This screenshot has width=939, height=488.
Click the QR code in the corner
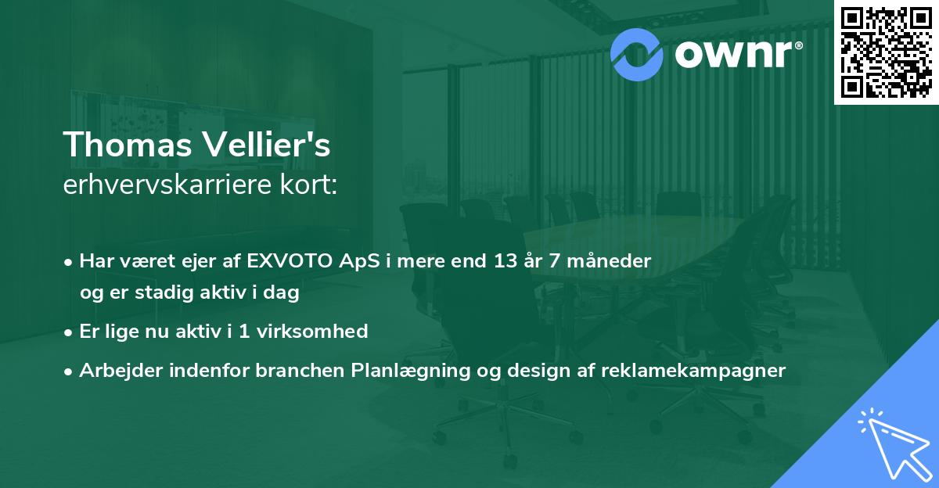tap(886, 52)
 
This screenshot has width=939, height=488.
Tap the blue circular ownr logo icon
tap(636, 55)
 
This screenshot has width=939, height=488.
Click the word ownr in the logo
tap(733, 54)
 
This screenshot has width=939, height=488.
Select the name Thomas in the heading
tap(128, 145)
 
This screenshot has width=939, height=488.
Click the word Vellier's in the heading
tap(267, 144)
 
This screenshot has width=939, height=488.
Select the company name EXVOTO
tap(290, 261)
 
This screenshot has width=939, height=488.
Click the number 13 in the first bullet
tap(505, 261)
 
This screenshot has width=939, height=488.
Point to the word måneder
tap(609, 261)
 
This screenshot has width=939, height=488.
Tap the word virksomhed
tap(312, 332)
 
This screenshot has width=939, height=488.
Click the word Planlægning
tap(411, 371)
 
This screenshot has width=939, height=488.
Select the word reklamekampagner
tap(693, 371)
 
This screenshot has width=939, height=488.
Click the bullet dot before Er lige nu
tap(68, 333)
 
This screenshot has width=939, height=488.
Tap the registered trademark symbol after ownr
tap(798, 45)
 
